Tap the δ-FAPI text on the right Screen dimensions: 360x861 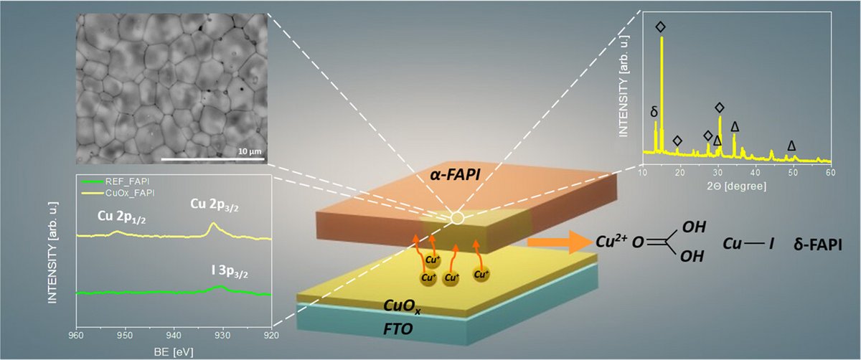[x=817, y=245]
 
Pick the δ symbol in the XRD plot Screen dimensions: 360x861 [x=654, y=113]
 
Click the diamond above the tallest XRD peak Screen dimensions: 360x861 [x=661, y=27]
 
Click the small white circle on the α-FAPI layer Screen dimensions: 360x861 [x=457, y=215]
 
